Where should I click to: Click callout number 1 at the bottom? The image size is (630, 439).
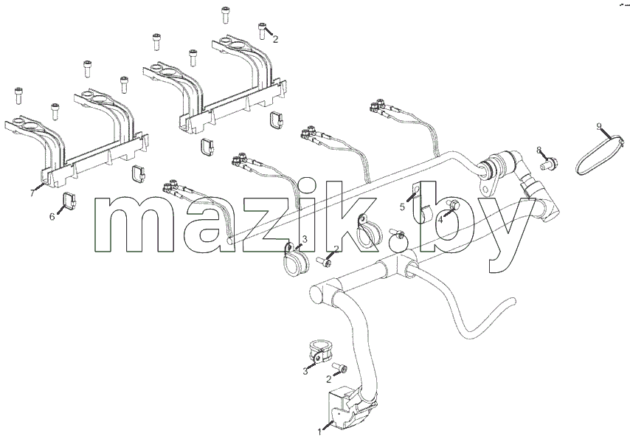tap(320, 432)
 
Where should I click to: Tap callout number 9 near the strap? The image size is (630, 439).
tap(599, 127)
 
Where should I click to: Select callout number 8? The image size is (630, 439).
tap(539, 151)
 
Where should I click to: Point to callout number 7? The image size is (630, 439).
tap(32, 193)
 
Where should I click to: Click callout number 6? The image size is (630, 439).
tap(52, 217)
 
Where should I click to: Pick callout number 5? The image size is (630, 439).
tap(402, 207)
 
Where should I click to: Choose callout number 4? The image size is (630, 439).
tap(440, 220)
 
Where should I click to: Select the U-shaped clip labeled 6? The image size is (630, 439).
tap(69, 201)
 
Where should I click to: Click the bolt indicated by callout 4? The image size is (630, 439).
tap(454, 205)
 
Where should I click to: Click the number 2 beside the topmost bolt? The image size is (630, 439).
tap(275, 39)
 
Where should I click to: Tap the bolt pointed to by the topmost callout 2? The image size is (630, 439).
tap(262, 30)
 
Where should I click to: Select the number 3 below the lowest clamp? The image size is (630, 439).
tap(305, 371)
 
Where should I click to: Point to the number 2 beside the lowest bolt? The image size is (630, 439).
tap(329, 379)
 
